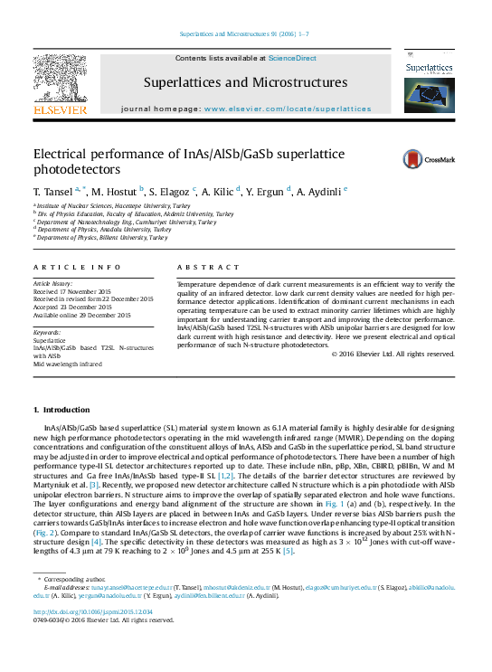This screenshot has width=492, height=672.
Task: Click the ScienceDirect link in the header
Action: (292, 58)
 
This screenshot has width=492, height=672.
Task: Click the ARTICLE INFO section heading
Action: (77, 268)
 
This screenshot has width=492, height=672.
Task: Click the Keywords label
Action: (47, 333)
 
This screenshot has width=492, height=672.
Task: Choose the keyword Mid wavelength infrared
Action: (68, 363)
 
